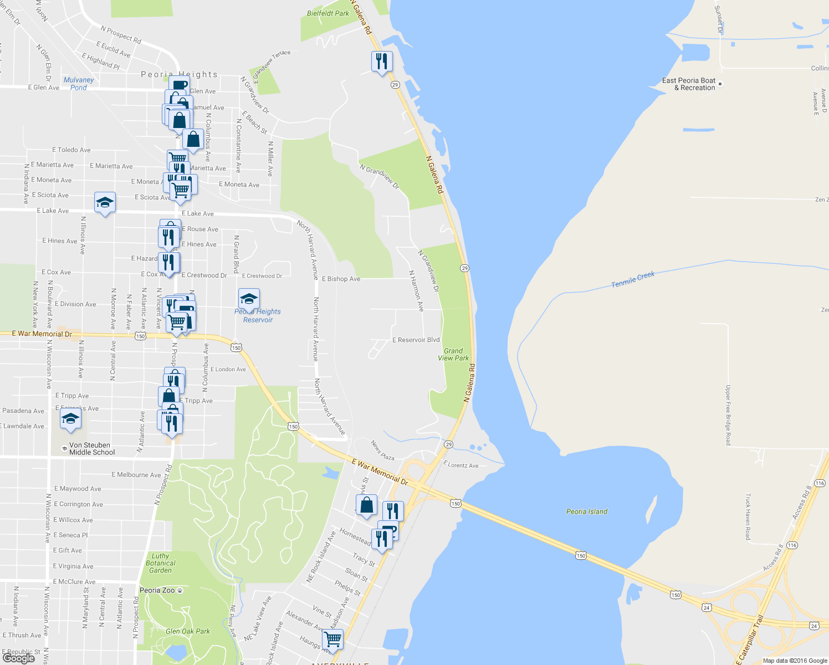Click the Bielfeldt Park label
pyautogui.click(x=328, y=13)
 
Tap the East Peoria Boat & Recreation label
pyautogui.click(x=689, y=84)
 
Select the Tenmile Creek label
pyautogui.click(x=633, y=279)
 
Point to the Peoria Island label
pyautogui.click(x=587, y=511)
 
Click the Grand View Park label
pyautogui.click(x=453, y=355)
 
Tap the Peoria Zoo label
pyautogui.click(x=157, y=590)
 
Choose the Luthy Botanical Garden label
pyautogui.click(x=161, y=563)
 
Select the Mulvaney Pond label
pyautogui.click(x=79, y=84)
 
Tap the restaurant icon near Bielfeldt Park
pyautogui.click(x=381, y=62)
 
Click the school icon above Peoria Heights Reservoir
pyautogui.click(x=249, y=299)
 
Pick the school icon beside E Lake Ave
pyautogui.click(x=105, y=203)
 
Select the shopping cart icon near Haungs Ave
pyautogui.click(x=332, y=639)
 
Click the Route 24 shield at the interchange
pyautogui.click(x=706, y=607)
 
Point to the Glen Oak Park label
pyautogui.click(x=188, y=631)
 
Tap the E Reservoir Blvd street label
pyautogui.click(x=416, y=340)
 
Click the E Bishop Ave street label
pyautogui.click(x=341, y=279)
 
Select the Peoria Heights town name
pyautogui.click(x=179, y=74)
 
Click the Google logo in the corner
pyautogui.click(x=19, y=658)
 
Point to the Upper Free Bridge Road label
pyautogui.click(x=728, y=415)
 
